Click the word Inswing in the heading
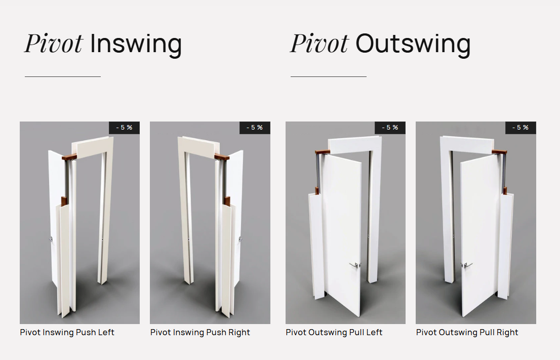click(x=136, y=45)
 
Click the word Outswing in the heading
click(x=413, y=44)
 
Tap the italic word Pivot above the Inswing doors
click(x=54, y=44)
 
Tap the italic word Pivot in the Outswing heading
click(x=319, y=44)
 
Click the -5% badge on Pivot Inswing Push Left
click(x=124, y=128)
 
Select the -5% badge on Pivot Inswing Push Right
click(x=255, y=128)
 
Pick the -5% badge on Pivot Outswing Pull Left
click(x=390, y=128)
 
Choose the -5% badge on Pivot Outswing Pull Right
click(x=521, y=128)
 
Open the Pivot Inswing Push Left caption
click(x=67, y=333)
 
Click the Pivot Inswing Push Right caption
click(x=200, y=333)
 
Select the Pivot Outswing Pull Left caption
click(x=334, y=333)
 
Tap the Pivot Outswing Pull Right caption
click(x=467, y=333)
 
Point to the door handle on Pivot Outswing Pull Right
click(x=466, y=265)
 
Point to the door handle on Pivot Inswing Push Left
click(x=51, y=239)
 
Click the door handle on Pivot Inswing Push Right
click(x=240, y=239)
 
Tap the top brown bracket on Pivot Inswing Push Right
click(x=222, y=156)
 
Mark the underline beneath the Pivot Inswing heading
click(x=62, y=76)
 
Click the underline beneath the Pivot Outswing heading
click(x=329, y=76)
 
